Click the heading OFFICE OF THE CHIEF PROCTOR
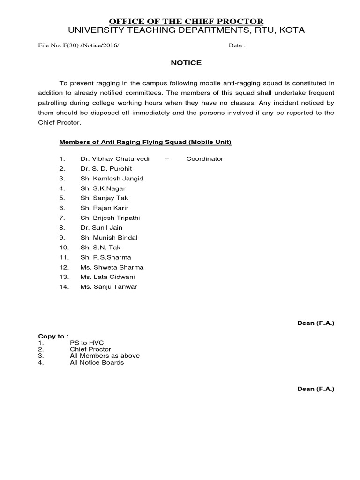coord(186,21)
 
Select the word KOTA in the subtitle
coord(292,30)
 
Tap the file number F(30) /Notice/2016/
coord(82,46)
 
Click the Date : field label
coord(237,46)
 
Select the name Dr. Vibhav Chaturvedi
coord(115,158)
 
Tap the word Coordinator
coord(205,158)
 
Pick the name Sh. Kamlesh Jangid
coord(112,178)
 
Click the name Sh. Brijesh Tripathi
coord(110,217)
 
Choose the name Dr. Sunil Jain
coord(101,227)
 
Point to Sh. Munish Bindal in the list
coord(109,237)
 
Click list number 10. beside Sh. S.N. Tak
coord(64,247)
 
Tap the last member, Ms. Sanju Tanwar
coord(109,286)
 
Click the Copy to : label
coord(53,336)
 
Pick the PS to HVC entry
coord(84,343)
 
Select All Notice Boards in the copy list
coord(97,362)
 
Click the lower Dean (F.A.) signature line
coord(316,389)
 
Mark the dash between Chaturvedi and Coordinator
coord(167,158)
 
